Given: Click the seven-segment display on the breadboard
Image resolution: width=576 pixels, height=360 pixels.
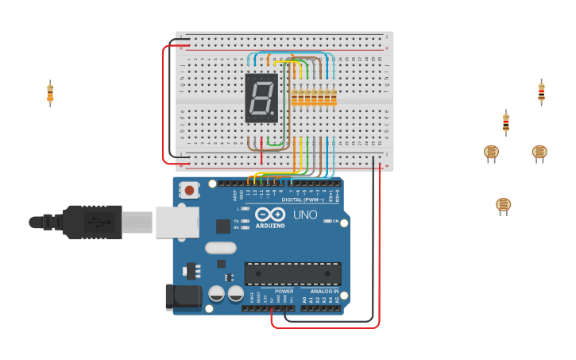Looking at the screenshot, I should pos(262,98).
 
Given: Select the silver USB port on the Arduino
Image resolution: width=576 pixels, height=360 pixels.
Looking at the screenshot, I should pos(176,222).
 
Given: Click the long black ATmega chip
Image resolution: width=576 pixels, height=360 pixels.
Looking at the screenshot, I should pos(292,273).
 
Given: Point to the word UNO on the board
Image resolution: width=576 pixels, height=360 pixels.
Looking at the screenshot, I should pos(305,215).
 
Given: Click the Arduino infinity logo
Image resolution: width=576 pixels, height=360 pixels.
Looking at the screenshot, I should pos(270,214).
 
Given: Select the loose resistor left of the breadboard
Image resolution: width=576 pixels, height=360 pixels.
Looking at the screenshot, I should pos(50,94).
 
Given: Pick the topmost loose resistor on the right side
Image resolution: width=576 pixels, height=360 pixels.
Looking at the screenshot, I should pos(541,92).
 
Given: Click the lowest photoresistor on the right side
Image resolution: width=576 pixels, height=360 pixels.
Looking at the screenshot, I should pos(503,205).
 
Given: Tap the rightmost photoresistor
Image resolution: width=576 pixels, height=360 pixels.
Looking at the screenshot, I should pos(539,152).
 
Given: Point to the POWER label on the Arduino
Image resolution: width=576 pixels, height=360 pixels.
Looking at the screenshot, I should pos(284,292).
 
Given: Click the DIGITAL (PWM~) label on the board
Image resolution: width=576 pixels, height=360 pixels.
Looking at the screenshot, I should pos(302,199).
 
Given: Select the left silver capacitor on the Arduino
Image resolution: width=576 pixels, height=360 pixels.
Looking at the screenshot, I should pos(216,294).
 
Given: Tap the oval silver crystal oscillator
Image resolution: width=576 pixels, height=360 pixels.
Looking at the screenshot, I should pos(220,247).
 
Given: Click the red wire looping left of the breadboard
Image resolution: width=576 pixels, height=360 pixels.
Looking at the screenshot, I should pos(164,103).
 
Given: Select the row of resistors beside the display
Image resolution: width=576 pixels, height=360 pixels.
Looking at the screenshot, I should pos(314,98).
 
